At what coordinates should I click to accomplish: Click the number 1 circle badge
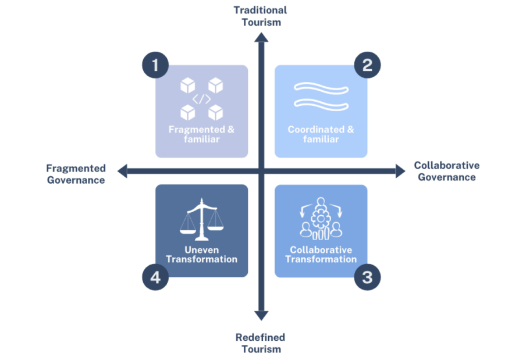[155, 64]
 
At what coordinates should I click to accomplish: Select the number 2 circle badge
[367, 64]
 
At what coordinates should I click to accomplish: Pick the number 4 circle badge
[155, 277]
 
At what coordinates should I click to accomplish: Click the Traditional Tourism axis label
[260, 16]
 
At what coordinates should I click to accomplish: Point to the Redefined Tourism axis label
[261, 343]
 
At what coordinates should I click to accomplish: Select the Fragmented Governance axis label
[76, 174]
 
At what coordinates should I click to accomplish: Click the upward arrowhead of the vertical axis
[261, 38]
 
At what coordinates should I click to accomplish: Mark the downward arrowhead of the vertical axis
[261, 315]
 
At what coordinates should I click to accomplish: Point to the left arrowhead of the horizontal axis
[122, 171]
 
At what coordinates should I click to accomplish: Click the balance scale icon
[201, 220]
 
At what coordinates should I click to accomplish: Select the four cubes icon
[201, 99]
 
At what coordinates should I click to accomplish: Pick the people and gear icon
[320, 220]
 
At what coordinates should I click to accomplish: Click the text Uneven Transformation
[201, 254]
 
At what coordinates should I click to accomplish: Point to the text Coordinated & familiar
[321, 134]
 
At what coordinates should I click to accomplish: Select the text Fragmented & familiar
[201, 134]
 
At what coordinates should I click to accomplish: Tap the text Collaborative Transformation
[321, 254]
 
